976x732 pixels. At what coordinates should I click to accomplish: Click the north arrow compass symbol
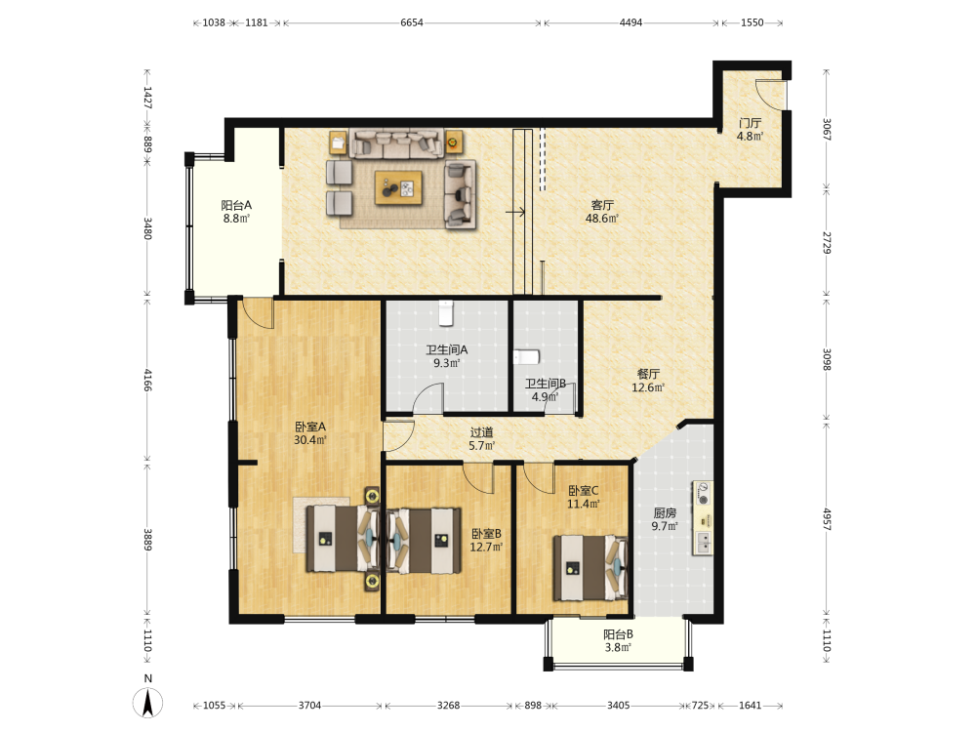coord(148,702)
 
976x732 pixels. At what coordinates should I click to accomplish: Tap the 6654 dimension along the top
coord(412,22)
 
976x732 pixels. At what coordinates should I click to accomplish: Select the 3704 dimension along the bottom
coord(309,706)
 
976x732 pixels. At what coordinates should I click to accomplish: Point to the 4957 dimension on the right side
coord(827,519)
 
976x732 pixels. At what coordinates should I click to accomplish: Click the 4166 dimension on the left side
coord(147,380)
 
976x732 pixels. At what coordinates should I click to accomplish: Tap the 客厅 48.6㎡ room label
coord(602,212)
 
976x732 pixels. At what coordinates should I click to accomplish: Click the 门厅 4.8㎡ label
coord(750,130)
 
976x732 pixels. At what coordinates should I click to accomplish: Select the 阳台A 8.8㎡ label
coord(236,212)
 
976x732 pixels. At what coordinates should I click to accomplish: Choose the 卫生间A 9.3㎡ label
coord(446,356)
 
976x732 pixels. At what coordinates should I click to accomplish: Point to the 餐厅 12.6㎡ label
coord(648,381)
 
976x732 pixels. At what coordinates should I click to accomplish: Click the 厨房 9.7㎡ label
coord(665,519)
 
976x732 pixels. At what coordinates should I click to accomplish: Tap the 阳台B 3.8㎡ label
coord(618,640)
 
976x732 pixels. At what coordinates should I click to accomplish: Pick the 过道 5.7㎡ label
coord(482,439)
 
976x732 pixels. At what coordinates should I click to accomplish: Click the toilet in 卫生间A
coord(446,313)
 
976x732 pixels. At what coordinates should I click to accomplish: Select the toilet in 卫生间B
coord(527,357)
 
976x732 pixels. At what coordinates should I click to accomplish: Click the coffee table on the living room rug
coord(398,188)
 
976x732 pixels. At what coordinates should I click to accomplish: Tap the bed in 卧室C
coord(590,568)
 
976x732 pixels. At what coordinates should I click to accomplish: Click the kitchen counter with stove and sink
coord(703,518)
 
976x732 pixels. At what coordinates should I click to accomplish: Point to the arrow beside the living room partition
coord(515,212)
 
